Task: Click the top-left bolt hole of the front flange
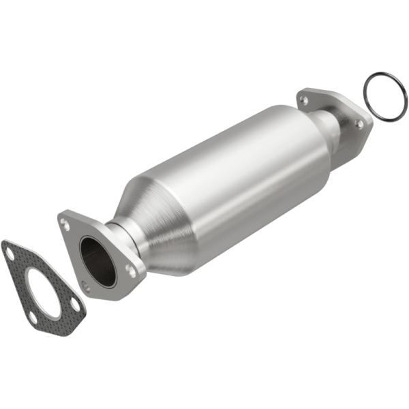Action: pos(65,222)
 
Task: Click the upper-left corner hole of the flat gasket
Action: pos(9,253)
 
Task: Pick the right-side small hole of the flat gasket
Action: pos(74,305)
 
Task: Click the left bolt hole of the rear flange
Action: pos(304,100)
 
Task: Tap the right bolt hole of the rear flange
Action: pos(359,123)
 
